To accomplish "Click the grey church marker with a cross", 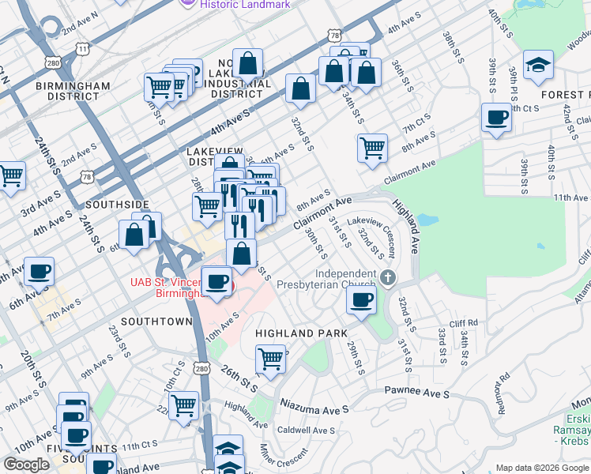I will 387,277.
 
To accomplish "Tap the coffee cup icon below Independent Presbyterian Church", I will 361,300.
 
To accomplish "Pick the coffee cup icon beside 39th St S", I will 496,118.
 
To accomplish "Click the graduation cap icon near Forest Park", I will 539,66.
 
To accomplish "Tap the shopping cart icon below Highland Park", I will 270,359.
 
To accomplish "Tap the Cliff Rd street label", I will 463,323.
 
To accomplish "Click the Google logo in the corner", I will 26,465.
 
